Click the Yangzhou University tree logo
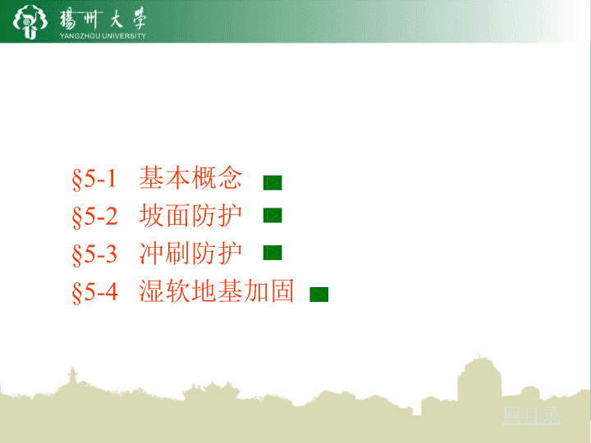(30, 21)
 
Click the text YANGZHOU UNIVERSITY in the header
(103, 36)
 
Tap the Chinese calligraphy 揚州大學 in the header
(103, 19)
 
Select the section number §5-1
(94, 179)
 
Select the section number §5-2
(94, 217)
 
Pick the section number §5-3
(94, 253)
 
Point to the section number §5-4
(95, 291)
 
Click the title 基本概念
(190, 177)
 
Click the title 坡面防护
(190, 215)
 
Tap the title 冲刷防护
(190, 253)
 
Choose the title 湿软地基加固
(217, 290)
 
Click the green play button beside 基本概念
(273, 183)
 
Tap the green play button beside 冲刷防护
(273, 253)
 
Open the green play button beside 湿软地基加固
(318, 295)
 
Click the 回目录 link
(531, 416)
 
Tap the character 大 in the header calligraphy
(116, 19)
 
